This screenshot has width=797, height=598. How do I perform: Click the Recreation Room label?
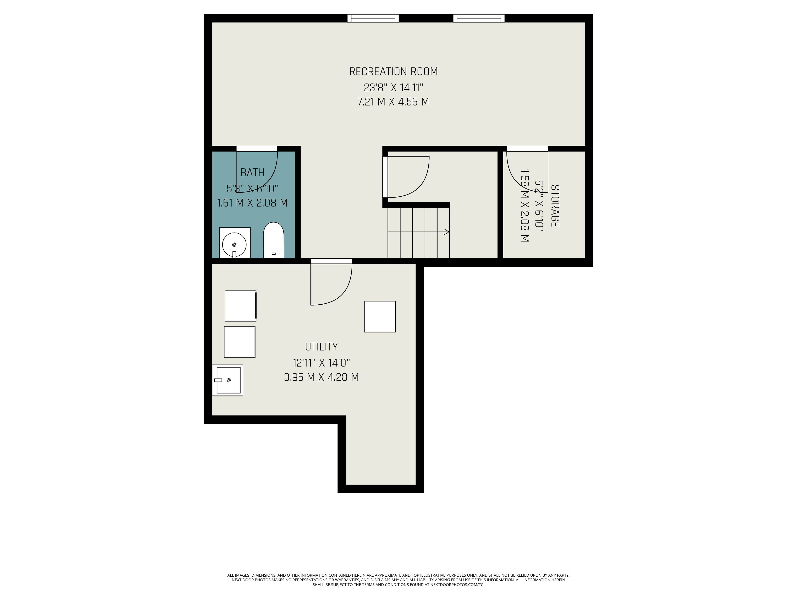pyautogui.click(x=394, y=72)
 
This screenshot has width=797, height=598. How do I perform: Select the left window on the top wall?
pyautogui.click(x=373, y=18)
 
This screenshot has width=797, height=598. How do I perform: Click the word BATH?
pyautogui.click(x=252, y=173)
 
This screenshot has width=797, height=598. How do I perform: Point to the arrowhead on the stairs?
pyautogui.click(x=446, y=232)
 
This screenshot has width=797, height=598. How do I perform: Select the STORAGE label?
pyautogui.click(x=555, y=206)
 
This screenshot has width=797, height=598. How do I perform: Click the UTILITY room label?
pyautogui.click(x=321, y=347)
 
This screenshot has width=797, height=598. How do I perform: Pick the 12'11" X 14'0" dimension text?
pyautogui.click(x=321, y=363)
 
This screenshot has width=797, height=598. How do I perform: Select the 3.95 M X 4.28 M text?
pyautogui.click(x=321, y=377)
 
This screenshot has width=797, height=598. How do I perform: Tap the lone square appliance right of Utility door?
pyautogui.click(x=380, y=316)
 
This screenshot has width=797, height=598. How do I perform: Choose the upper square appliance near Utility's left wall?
pyautogui.click(x=241, y=306)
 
